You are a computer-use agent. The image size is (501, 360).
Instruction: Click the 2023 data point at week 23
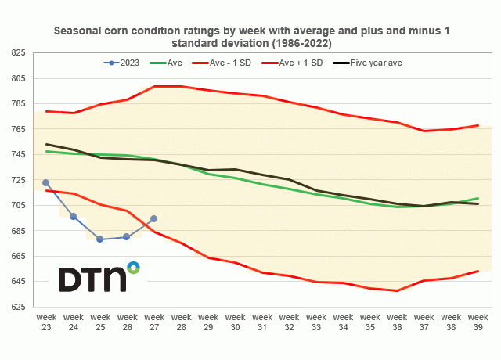pyautogui.click(x=46, y=182)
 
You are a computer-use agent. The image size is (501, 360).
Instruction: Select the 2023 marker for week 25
pyautogui.click(x=100, y=239)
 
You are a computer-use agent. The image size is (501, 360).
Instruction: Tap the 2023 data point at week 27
pyautogui.click(x=154, y=218)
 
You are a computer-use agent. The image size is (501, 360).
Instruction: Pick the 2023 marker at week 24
pyautogui.click(x=73, y=216)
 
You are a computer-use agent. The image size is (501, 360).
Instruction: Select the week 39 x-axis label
pyautogui.click(x=478, y=322)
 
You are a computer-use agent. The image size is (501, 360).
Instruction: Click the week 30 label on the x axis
pyautogui.click(x=235, y=322)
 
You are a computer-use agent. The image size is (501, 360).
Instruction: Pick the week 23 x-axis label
pyautogui.click(x=46, y=322)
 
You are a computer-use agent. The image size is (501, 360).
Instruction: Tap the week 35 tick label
pyautogui.click(x=369, y=322)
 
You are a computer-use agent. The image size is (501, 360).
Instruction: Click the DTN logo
pyautogui.click(x=99, y=277)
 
